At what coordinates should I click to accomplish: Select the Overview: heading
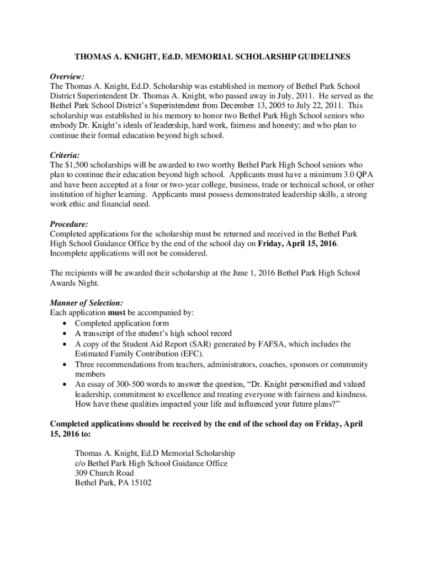click(67, 76)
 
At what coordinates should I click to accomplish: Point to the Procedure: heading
click(69, 225)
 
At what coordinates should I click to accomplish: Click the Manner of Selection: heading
click(86, 303)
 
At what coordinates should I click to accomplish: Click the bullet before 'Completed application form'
click(66, 323)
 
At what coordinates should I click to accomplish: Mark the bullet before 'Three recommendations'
click(66, 365)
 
